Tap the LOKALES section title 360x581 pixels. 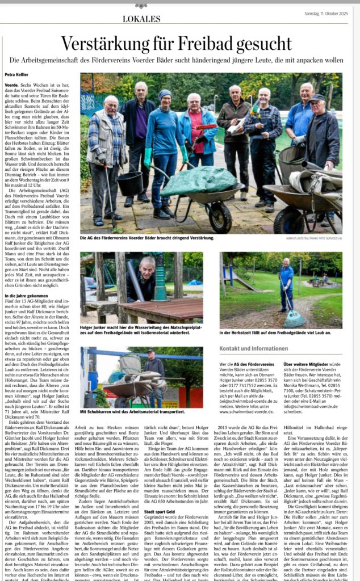pyautogui.click(x=141, y=19)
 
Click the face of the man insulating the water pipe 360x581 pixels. pyautogui.click(x=149, y=265)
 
